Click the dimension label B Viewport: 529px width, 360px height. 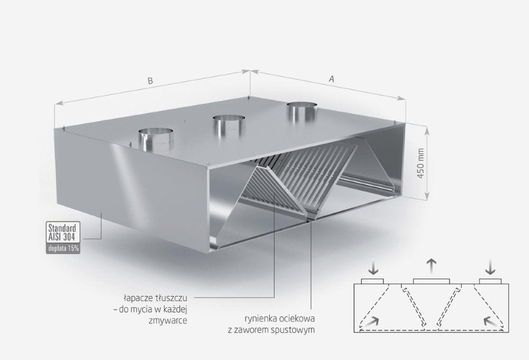pyautogui.click(x=150, y=80)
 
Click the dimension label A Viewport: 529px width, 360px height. pyautogui.click(x=332, y=79)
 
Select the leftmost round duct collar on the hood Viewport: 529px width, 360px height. pyautogui.click(x=156, y=139)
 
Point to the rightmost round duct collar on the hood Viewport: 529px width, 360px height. pyautogui.click(x=302, y=111)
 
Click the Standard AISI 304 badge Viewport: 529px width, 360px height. pyautogui.click(x=63, y=232)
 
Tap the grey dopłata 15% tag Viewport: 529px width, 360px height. pyautogui.click(x=63, y=248)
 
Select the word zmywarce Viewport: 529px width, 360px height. pyautogui.click(x=168, y=321)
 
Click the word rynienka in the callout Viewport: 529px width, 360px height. pyautogui.click(x=260, y=319)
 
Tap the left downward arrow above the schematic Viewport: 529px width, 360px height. pyautogui.click(x=373, y=267)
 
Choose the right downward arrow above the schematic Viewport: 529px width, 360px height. pyautogui.click(x=490, y=267)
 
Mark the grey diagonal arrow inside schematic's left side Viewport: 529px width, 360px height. pyautogui.click(x=371, y=321)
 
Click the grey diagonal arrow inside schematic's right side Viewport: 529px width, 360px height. pyautogui.click(x=491, y=321)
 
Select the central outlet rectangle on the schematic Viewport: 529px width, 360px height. pyautogui.click(x=431, y=282)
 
